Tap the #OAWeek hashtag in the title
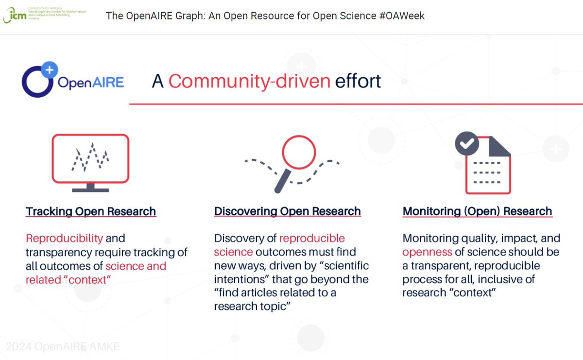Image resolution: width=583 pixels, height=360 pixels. click(402, 16)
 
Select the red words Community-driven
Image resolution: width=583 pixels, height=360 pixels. click(249, 81)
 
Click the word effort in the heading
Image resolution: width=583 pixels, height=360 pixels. click(358, 81)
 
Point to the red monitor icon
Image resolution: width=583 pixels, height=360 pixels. click(90, 159)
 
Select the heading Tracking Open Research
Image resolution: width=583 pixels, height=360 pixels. click(91, 211)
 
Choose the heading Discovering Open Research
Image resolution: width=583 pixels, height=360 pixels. click(287, 211)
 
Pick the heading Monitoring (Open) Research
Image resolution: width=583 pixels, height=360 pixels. click(477, 211)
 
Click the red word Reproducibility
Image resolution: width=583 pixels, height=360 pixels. click(64, 238)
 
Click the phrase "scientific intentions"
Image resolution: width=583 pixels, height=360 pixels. click(291, 273)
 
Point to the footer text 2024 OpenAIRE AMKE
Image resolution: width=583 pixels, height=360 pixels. click(63, 346)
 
